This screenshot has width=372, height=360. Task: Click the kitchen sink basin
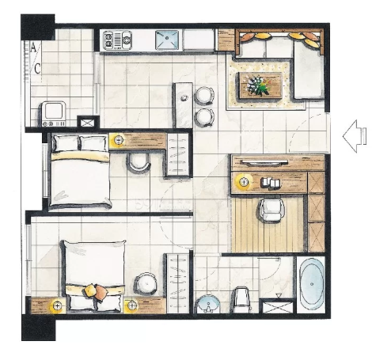click(x=167, y=40)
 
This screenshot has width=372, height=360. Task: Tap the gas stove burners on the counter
click(x=117, y=40)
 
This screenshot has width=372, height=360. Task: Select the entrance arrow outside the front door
click(x=355, y=136)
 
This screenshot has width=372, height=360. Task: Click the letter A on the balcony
click(x=33, y=47)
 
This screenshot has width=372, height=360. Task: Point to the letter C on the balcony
click(x=37, y=69)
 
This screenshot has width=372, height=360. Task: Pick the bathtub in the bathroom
click(x=312, y=284)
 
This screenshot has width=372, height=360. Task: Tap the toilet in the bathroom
click(x=241, y=300)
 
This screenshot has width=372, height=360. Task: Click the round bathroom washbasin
click(x=208, y=304)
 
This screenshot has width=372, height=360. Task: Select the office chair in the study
click(x=271, y=210)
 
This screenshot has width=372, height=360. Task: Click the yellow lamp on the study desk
click(x=243, y=181)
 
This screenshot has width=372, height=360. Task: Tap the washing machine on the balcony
click(x=54, y=114)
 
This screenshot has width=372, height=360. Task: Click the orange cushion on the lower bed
click(x=101, y=292)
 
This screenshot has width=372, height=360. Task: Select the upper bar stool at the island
click(x=204, y=96)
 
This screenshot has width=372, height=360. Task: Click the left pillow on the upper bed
click(x=66, y=143)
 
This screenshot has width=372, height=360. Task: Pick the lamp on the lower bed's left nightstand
click(x=57, y=306)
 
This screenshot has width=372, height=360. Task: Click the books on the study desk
click(x=270, y=183)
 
